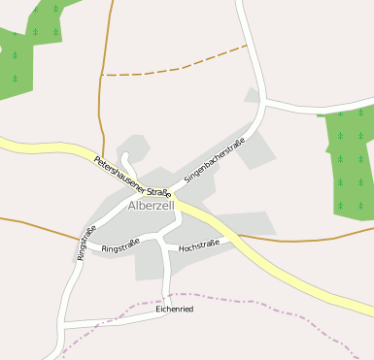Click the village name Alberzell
[x=151, y=207]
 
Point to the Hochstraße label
[x=200, y=244]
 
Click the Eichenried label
[x=175, y=309]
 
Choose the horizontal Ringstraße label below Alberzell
[x=120, y=247]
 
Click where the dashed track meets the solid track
[x=101, y=75]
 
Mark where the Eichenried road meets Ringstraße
[x=64, y=323]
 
